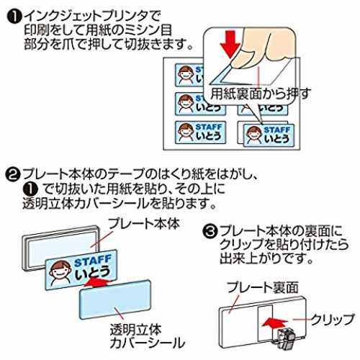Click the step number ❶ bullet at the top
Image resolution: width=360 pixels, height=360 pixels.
pyautogui.click(x=14, y=17)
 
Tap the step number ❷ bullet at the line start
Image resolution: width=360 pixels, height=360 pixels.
pyautogui.click(x=12, y=175)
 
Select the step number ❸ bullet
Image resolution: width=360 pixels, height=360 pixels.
pyautogui.click(x=210, y=231)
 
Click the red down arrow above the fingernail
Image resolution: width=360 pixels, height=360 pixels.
pyautogui.click(x=230, y=45)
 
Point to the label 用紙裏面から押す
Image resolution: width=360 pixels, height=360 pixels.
pyautogui.click(x=261, y=94)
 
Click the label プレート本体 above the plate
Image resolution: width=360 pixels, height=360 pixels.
pyautogui.click(x=144, y=224)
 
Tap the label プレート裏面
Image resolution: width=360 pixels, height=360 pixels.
pyautogui.click(x=263, y=287)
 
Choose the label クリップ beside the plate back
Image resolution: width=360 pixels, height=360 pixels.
pyautogui.click(x=332, y=320)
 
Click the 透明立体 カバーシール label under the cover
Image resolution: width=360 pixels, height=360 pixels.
pyautogui.click(x=148, y=336)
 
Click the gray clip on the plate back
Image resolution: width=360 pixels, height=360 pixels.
pyautogui.click(x=285, y=338)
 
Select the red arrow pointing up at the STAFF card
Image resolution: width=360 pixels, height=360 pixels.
pyautogui.click(x=96, y=283)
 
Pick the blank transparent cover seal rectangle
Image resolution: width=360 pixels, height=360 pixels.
pyautogui.click(x=115, y=300)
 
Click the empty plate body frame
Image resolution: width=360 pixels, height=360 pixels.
pyautogui.click(x=60, y=247)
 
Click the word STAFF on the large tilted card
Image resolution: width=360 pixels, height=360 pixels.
pyautogui.click(x=93, y=261)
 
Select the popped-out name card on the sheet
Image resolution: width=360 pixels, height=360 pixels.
pyautogui.click(x=269, y=135)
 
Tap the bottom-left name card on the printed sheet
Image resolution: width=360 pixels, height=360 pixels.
pyautogui.click(x=201, y=132)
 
